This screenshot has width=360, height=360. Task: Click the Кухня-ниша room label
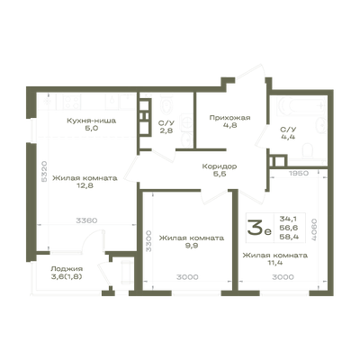pos(91,121)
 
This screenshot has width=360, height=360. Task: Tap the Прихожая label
pos(229,118)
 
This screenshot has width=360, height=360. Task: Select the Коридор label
pos(220,166)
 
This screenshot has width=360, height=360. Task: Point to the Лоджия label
pos(67,269)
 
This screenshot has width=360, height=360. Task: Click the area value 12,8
pos(85,185)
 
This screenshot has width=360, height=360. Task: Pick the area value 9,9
pos(192,246)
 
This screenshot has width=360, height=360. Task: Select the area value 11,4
pos(275,263)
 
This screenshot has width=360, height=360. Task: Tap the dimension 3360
pos(86,220)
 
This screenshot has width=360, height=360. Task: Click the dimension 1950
pos(299,173)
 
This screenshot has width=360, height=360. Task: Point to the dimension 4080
pos(314,229)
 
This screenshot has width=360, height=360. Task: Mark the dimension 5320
pos(44,171)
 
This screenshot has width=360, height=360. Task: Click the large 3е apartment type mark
pos(259,228)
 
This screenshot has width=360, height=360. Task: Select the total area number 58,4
pos(289,237)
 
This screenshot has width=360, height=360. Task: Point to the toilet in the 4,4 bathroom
pos(308,150)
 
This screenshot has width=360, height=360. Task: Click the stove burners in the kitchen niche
pos(72,102)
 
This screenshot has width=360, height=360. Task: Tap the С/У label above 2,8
pos(166,123)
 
